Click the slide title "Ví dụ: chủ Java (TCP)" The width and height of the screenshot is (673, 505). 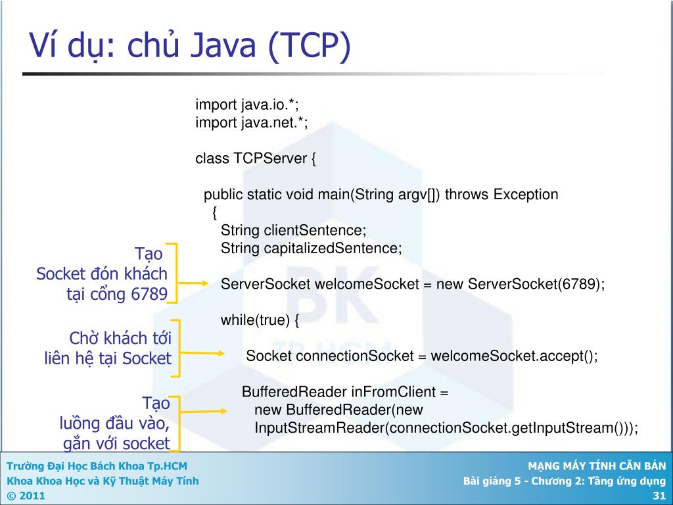pyautogui.click(x=190, y=47)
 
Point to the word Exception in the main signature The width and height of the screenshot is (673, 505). pyautogui.click(x=526, y=195)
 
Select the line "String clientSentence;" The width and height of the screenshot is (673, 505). pyautogui.click(x=293, y=231)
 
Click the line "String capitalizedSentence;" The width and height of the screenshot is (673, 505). pyautogui.click(x=311, y=249)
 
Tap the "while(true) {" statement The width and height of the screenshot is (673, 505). pyautogui.click(x=260, y=320)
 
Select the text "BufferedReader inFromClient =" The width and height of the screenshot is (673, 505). pyautogui.click(x=345, y=393)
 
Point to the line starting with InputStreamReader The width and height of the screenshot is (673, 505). pyautogui.click(x=446, y=428)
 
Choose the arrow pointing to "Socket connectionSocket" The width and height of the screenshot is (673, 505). pyautogui.click(x=200, y=353)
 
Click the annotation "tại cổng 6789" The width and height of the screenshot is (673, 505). pyautogui.click(x=116, y=294)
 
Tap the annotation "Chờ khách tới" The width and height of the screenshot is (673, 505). pyautogui.click(x=120, y=339)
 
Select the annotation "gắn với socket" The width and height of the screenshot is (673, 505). pyautogui.click(x=116, y=444)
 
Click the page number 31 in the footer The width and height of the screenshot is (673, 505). pyautogui.click(x=659, y=495)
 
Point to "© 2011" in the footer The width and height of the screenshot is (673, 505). pyautogui.click(x=26, y=495)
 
